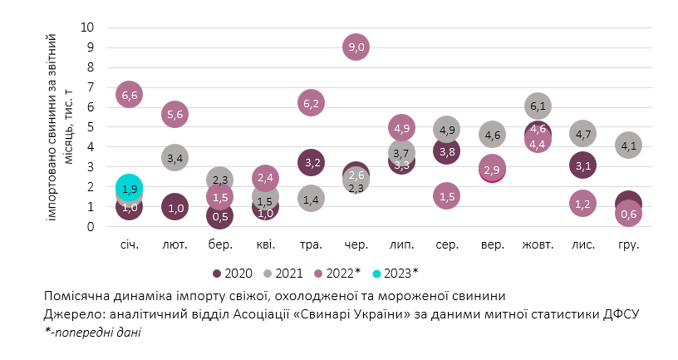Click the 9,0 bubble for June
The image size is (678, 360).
[x=356, y=47]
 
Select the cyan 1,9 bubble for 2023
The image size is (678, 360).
[x=130, y=188]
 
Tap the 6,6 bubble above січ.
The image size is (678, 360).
[x=130, y=95]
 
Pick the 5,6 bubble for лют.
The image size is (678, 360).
[x=174, y=115]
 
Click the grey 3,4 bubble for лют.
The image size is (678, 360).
[x=174, y=158]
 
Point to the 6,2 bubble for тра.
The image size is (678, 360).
[x=311, y=103]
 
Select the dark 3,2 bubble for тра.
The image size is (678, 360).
[x=311, y=162]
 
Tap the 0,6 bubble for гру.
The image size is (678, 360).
[x=628, y=215]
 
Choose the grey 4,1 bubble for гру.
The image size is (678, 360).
[x=628, y=145]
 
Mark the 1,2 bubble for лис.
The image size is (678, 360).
[x=582, y=203]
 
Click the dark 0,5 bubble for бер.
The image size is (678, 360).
[x=220, y=216]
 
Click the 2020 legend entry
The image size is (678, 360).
[x=234, y=272]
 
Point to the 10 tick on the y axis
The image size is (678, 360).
[x=87, y=27]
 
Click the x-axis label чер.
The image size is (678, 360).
[x=356, y=245]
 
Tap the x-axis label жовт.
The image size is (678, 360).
[x=537, y=245]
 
